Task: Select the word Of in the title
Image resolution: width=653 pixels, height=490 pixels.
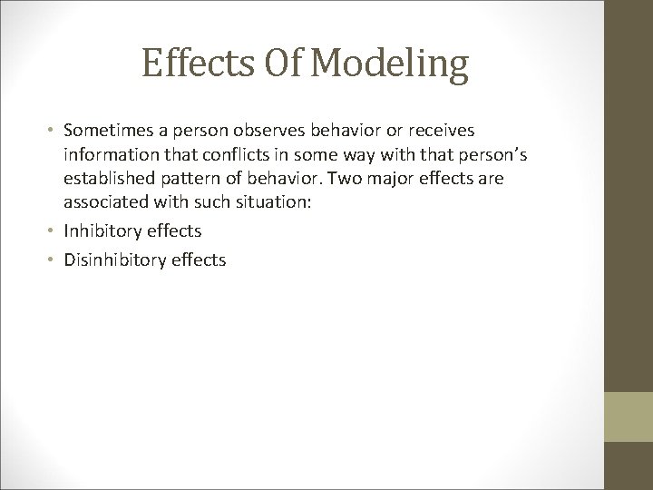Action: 285,66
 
